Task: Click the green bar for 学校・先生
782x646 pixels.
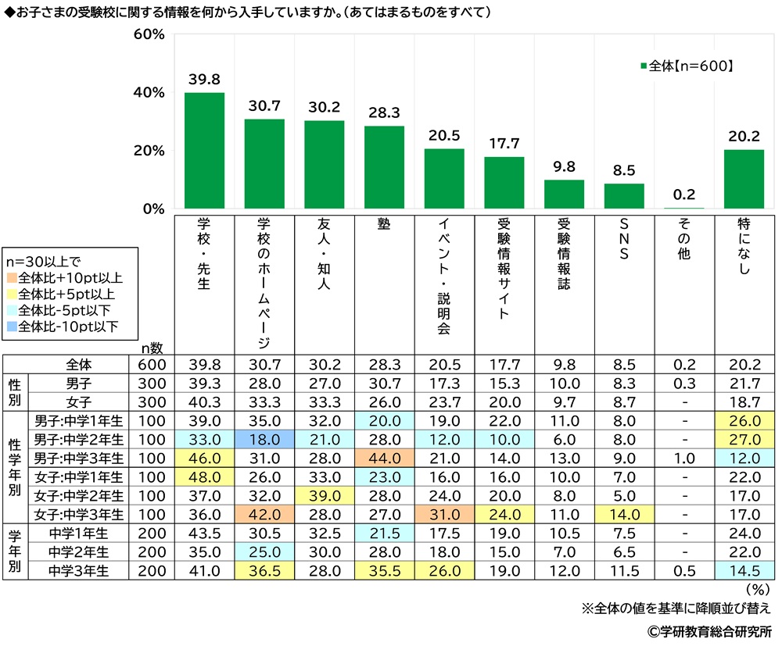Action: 204,151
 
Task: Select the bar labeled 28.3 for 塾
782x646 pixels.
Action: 384,167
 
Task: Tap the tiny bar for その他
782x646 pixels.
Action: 683,209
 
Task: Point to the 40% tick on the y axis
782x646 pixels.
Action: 149,93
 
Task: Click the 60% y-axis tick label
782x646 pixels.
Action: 149,35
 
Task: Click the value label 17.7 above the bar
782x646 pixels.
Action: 504,143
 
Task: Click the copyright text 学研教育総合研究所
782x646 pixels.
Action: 708,630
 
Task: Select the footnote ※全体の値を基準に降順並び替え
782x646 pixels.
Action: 676,608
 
